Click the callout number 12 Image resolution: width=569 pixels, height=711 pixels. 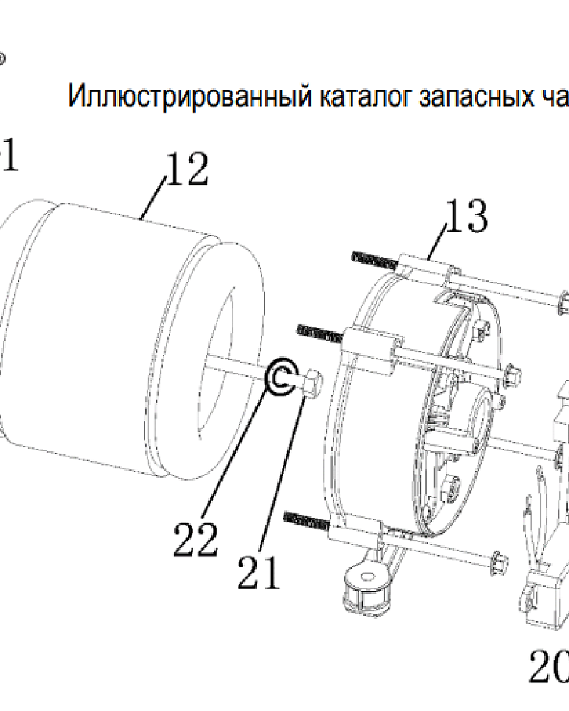[x=187, y=171]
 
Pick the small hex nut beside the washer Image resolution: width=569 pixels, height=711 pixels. [x=310, y=385]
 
